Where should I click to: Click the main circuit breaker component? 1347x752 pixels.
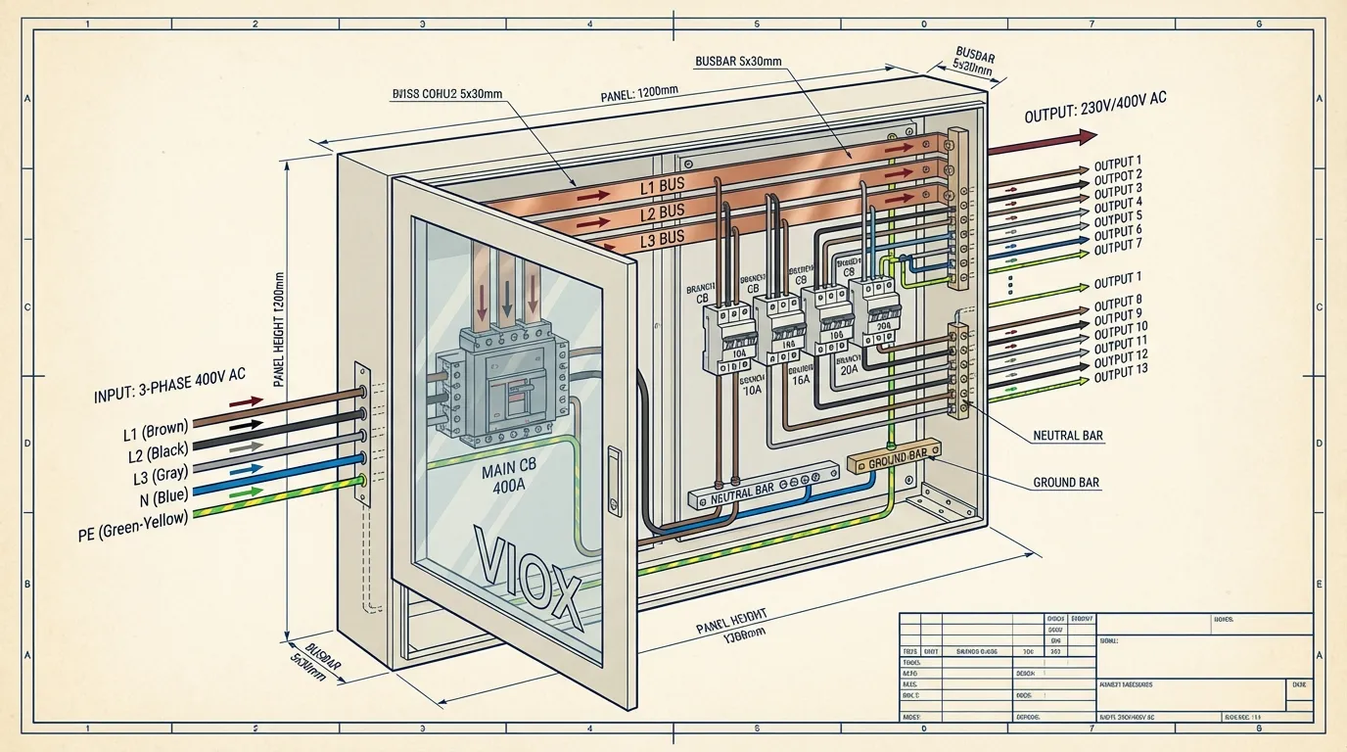coord(503,386)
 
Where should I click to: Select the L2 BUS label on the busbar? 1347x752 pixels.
coord(662,212)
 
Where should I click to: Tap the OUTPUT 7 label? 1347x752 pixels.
coord(1118,244)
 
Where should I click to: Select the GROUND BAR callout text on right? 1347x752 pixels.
coord(1066,483)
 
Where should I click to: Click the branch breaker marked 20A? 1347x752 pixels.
coord(873,313)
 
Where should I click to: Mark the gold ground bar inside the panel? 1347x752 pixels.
coord(892,458)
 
